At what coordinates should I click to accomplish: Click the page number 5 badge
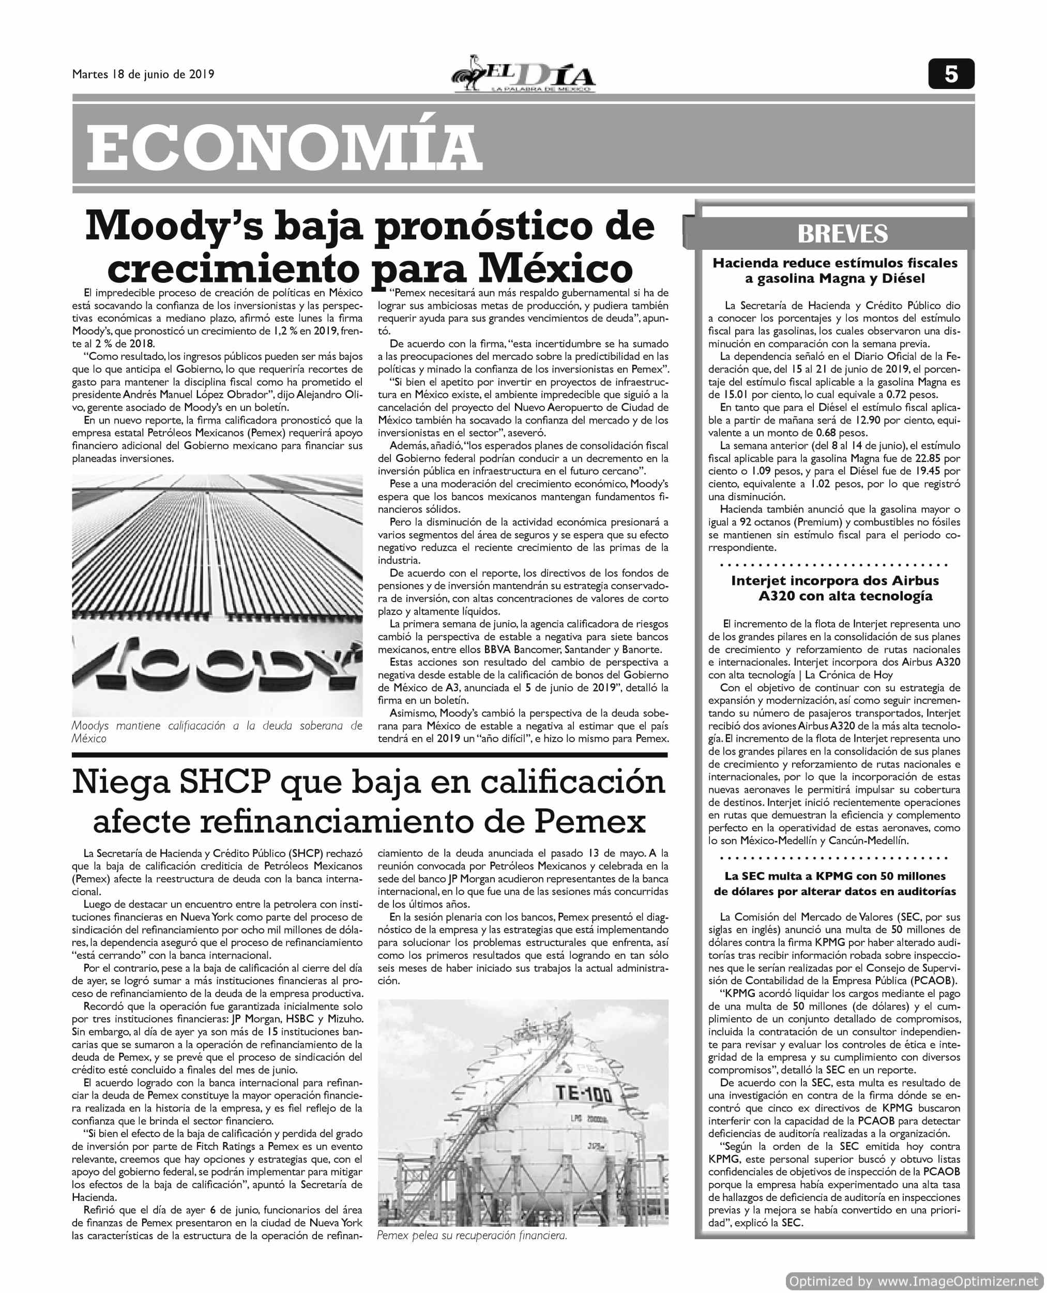point(951,74)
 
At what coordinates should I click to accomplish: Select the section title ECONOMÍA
point(283,148)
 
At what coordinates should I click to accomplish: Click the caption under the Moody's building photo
point(217,732)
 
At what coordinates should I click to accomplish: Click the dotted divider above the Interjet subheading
point(834,566)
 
